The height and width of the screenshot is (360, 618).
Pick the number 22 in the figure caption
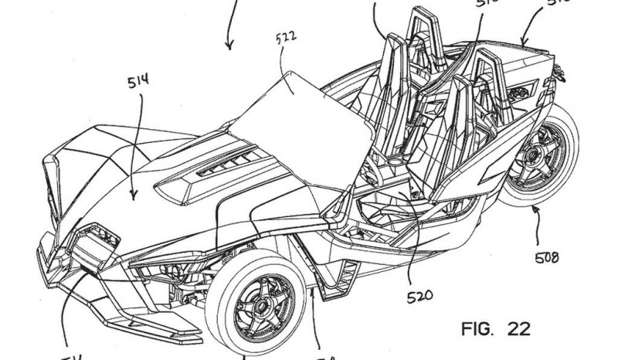point(518,330)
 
